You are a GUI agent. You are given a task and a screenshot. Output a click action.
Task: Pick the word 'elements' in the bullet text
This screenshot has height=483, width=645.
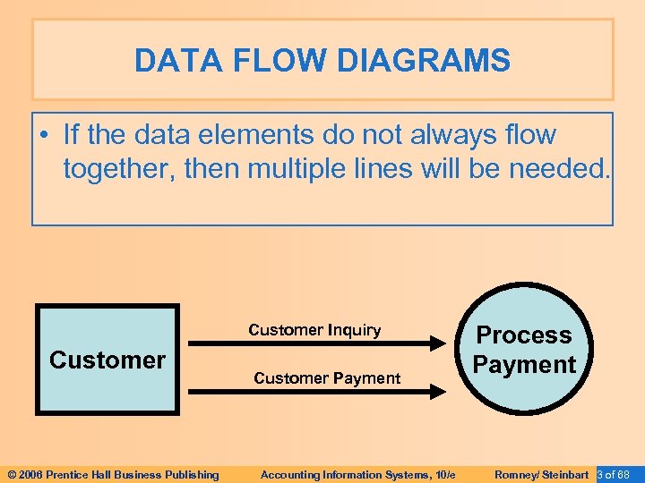click(x=267, y=135)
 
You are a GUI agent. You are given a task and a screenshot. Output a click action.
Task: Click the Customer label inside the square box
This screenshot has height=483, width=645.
click(x=107, y=360)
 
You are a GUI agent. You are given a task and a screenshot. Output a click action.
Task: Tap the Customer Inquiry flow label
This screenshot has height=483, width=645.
click(x=314, y=330)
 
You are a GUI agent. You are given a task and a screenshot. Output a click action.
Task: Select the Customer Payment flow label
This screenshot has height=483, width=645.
click(x=327, y=378)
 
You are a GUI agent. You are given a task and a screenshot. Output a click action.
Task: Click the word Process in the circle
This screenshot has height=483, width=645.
click(x=524, y=335)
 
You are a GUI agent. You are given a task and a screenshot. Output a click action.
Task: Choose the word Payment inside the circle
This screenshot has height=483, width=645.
click(x=524, y=365)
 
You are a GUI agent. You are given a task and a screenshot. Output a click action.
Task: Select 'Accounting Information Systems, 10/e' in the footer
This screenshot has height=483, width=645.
click(x=357, y=475)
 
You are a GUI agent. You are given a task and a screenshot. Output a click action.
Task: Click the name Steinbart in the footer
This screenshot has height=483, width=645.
click(x=565, y=475)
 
